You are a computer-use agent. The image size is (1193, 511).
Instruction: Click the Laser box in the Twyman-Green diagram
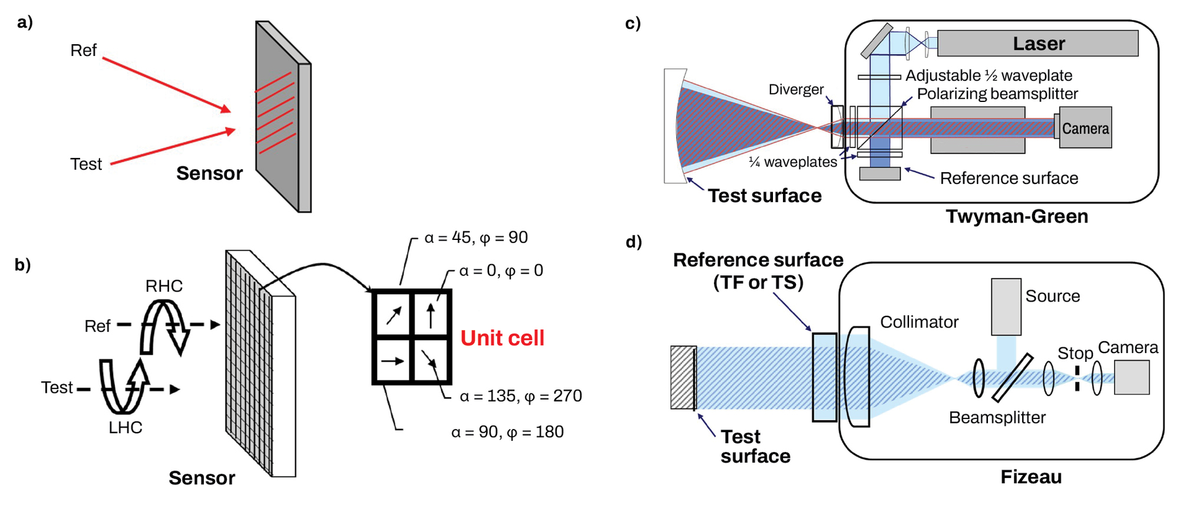tap(1038, 44)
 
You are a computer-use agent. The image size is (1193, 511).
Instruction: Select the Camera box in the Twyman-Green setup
tap(1085, 128)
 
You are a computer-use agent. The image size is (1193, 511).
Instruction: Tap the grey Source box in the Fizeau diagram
tap(1006, 306)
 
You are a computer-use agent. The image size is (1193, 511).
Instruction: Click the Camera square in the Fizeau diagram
tap(1131, 377)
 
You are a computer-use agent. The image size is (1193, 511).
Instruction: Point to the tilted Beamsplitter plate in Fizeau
tap(1012, 377)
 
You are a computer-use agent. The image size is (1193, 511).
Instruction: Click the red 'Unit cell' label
tap(502, 338)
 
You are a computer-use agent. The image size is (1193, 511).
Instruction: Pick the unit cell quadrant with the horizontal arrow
tap(393, 361)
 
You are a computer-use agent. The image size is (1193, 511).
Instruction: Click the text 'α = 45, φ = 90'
tap(476, 237)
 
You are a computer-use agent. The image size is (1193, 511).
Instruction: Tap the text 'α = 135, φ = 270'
tap(521, 396)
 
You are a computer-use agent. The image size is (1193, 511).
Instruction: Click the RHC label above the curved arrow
tap(164, 286)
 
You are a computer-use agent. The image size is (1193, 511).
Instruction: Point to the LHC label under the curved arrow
tap(126, 428)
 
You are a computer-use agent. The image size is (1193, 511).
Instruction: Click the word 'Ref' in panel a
tap(83, 50)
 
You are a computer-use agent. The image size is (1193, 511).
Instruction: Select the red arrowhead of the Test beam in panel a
tap(231, 131)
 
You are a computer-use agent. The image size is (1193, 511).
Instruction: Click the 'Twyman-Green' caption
tap(1017, 216)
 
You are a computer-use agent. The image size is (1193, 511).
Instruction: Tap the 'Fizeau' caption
tap(1031, 477)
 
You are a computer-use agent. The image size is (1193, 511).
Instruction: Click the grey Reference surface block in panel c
tap(879, 173)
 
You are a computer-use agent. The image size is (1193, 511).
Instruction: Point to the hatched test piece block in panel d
tap(682, 377)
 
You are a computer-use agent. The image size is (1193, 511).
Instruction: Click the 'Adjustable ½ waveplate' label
tap(989, 76)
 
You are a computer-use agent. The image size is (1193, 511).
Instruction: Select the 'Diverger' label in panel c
tap(795, 90)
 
